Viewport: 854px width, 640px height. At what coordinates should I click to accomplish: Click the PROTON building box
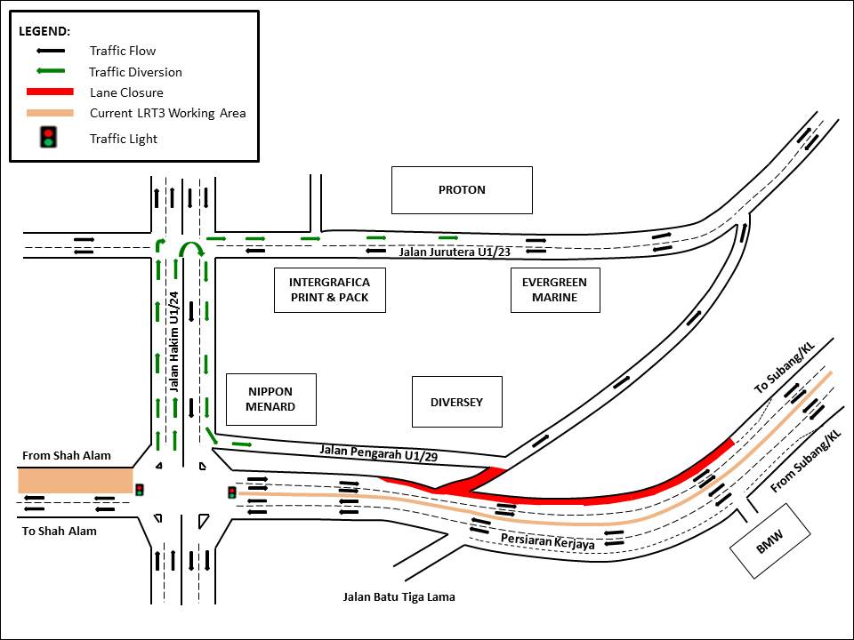point(462,189)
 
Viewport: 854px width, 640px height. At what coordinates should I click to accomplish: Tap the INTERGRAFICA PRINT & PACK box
point(329,290)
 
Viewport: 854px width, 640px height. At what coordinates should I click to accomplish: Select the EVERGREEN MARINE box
point(555,290)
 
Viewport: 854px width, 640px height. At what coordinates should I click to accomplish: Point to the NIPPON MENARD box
point(271,399)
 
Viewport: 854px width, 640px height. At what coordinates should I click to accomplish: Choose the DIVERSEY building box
point(456,402)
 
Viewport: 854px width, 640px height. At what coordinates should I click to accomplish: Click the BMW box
point(770,541)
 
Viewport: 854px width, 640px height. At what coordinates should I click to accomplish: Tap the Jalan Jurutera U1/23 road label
point(455,252)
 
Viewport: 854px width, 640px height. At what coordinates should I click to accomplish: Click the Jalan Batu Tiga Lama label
point(399,596)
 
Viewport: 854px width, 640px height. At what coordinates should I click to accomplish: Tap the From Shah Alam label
point(67,456)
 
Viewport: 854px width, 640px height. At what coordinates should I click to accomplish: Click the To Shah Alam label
point(60,531)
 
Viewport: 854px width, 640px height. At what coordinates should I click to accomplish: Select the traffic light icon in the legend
point(49,138)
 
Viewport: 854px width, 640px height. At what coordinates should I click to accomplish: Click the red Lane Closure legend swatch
point(49,92)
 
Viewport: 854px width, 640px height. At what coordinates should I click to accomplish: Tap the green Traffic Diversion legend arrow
point(49,72)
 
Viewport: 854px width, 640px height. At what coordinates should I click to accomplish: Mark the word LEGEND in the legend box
point(44,30)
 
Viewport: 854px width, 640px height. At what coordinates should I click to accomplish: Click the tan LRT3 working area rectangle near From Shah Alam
point(75,480)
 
